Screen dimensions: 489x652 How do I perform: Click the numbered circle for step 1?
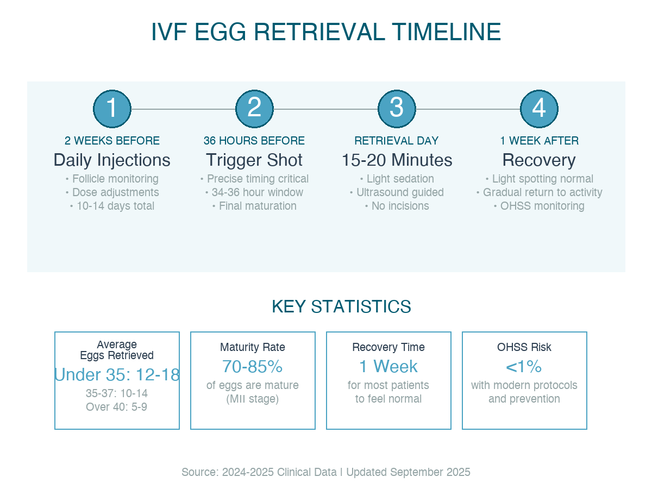pyautogui.click(x=112, y=109)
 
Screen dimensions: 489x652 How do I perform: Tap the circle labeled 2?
pyautogui.click(x=254, y=109)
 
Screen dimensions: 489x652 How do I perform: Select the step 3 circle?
pyautogui.click(x=397, y=109)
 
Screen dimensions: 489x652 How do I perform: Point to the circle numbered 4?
pyautogui.click(x=539, y=109)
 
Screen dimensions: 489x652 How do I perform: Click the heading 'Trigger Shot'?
pyautogui.click(x=254, y=160)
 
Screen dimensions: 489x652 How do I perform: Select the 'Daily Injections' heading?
pyautogui.click(x=112, y=160)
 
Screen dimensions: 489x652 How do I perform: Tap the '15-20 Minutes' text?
pyautogui.click(x=397, y=160)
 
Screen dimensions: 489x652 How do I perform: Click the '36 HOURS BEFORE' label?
pyautogui.click(x=254, y=141)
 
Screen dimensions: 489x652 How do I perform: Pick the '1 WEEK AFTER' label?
pyautogui.click(x=539, y=141)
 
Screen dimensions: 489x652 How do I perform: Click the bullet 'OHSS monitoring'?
pyautogui.click(x=539, y=206)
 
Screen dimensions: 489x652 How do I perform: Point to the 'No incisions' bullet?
pyautogui.click(x=397, y=206)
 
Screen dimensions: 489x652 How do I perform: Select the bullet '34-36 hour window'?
pyautogui.click(x=254, y=192)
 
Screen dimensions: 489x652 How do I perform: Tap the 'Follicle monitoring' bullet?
pyautogui.click(x=112, y=179)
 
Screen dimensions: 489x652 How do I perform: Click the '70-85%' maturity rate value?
pyautogui.click(x=253, y=367)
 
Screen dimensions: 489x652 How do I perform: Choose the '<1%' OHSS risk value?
pyautogui.click(x=524, y=367)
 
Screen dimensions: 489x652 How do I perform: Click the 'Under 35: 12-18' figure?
pyautogui.click(x=117, y=375)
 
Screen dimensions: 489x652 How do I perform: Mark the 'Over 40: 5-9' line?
pyautogui.click(x=117, y=406)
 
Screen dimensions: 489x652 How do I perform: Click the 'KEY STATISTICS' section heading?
pyautogui.click(x=341, y=306)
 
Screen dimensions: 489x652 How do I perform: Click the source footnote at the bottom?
pyautogui.click(x=326, y=472)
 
